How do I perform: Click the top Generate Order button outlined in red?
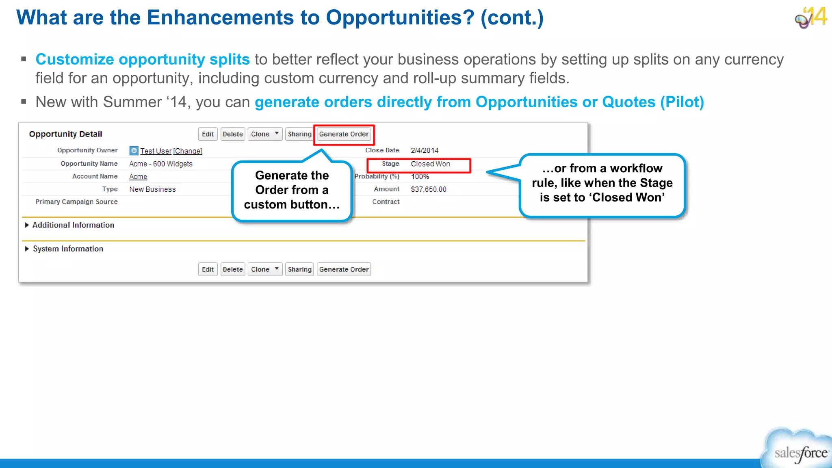[344, 134]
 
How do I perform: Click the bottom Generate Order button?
[344, 269]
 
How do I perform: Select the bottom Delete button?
[233, 269]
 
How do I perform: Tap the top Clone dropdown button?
[265, 134]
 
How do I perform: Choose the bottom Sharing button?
[299, 269]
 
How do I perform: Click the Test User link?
[156, 151]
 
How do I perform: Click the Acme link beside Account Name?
[138, 177]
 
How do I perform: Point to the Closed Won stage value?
[430, 164]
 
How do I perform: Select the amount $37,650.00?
[429, 189]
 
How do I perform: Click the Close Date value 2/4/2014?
[425, 150]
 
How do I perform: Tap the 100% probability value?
[420, 177]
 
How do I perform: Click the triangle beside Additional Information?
[27, 225]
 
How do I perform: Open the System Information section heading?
[68, 249]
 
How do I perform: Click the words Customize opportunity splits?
[143, 59]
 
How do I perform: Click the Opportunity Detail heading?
[65, 134]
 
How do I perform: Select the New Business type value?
[152, 189]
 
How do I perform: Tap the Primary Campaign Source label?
[76, 202]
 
